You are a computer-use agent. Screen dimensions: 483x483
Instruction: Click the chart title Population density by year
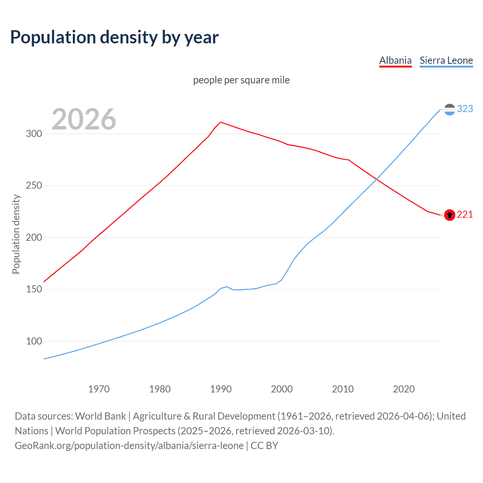114,37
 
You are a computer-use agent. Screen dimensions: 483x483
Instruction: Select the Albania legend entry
395,60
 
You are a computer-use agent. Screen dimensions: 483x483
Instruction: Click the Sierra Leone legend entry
446,60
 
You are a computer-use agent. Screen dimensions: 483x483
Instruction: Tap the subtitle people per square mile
241,80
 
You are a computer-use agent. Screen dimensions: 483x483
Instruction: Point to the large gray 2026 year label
84,119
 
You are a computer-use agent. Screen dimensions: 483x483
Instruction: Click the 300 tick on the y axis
34,134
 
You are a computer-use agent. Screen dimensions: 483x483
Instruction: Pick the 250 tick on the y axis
34,186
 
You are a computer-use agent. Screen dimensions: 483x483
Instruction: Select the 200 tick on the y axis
34,238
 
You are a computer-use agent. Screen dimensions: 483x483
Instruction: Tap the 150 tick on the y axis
34,289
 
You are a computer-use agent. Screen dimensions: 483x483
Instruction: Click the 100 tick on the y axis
34,341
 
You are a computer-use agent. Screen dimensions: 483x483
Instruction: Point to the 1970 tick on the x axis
98,389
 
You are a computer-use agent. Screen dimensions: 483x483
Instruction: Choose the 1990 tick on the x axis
221,389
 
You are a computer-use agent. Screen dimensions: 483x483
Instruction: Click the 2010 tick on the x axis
343,389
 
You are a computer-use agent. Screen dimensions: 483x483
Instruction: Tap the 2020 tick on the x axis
404,389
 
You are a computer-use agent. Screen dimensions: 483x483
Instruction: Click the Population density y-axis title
16,234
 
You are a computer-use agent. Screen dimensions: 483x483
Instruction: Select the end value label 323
465,109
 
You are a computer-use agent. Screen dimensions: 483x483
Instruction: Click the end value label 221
465,215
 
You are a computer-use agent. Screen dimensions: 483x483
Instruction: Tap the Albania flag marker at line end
449,215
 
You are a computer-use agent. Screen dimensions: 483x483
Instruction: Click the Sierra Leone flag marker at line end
449,109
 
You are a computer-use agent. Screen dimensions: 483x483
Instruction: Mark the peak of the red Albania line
221,122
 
